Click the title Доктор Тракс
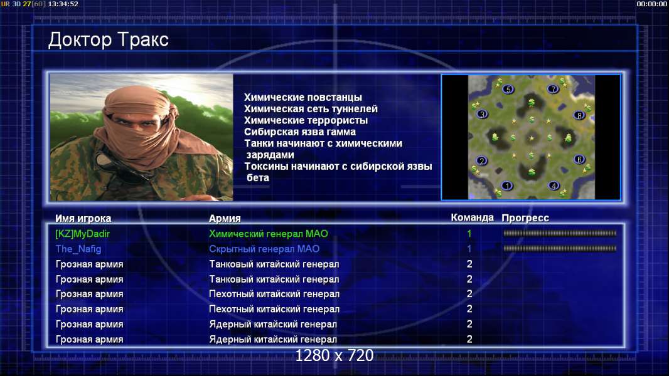[x=109, y=39]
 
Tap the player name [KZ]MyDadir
[x=83, y=234]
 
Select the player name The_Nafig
[x=78, y=249]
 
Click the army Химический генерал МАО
[x=269, y=234]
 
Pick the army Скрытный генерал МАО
[x=264, y=249]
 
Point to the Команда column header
[x=473, y=217]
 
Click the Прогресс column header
[x=525, y=218]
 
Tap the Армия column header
[x=225, y=219]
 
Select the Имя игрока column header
[x=83, y=219]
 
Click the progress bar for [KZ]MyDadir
[x=560, y=233]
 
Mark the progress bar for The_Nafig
[x=560, y=248]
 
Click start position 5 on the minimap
[x=508, y=90]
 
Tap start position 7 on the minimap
[x=553, y=89]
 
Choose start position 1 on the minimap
[x=507, y=185]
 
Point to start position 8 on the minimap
[x=579, y=115]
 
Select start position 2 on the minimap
[x=482, y=160]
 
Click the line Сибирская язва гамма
[x=300, y=132]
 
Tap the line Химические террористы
[x=306, y=120]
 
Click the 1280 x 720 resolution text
[x=334, y=355]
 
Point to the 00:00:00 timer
[x=651, y=4]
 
